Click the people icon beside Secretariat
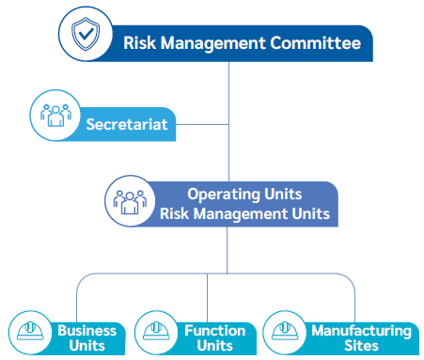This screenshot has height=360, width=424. click(54, 115)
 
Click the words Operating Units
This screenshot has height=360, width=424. click(244, 195)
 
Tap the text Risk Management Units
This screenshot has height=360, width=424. click(244, 213)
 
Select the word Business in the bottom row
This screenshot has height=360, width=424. click(87, 330)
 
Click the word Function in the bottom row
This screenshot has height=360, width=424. click(214, 330)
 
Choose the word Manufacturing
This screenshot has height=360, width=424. click(361, 330)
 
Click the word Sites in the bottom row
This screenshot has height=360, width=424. click(361, 345)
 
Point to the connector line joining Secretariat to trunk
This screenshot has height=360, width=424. click(202, 124)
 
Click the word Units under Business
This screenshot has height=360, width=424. click(87, 345)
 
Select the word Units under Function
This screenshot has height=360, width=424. click(214, 345)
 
